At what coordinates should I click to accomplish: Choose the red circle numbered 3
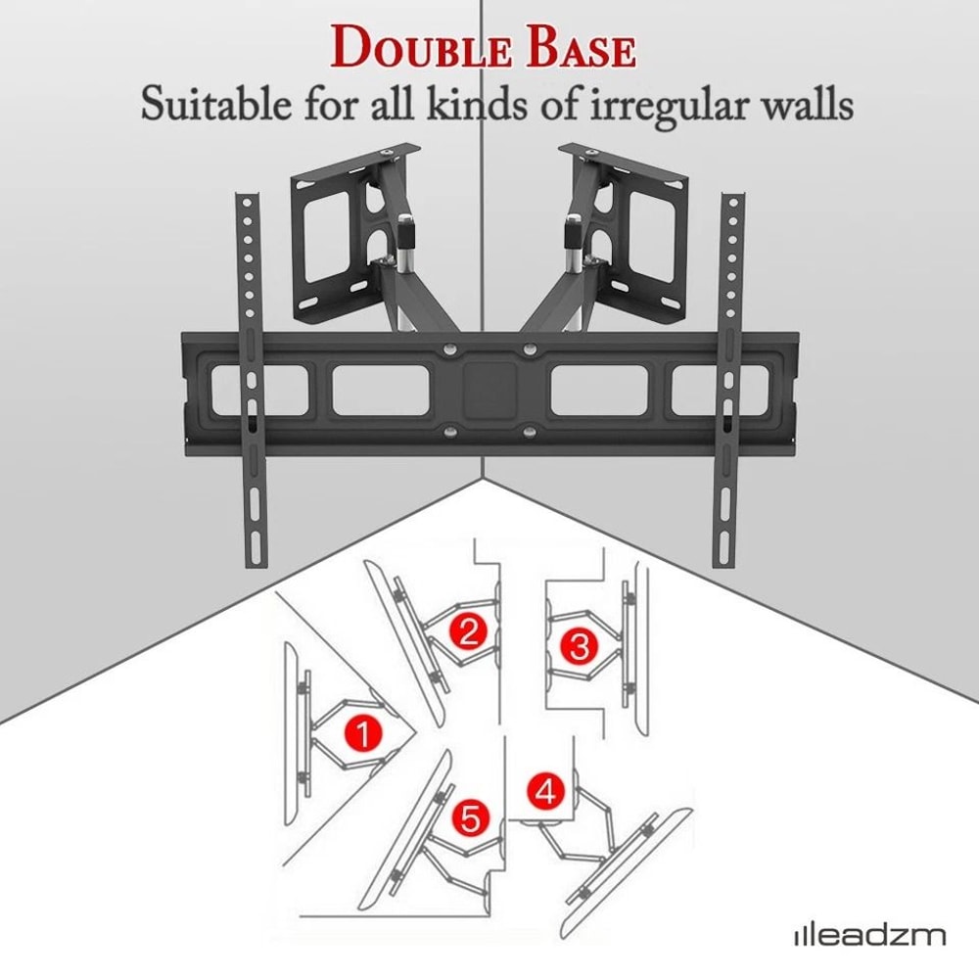point(579,645)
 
